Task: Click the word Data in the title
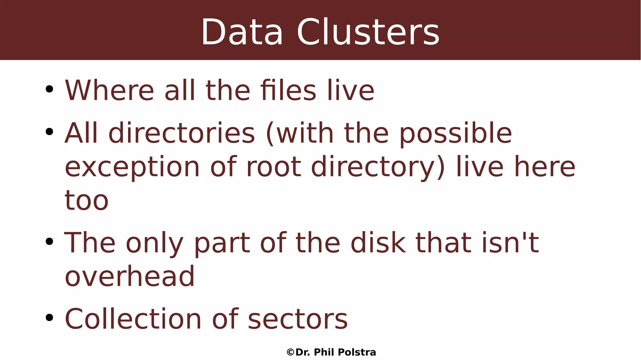[x=242, y=33]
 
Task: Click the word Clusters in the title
[x=368, y=33]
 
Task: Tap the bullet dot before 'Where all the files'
[x=49, y=90]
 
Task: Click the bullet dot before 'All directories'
[x=49, y=132]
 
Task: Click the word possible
[x=456, y=134]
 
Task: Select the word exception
[x=132, y=167]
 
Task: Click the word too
[x=86, y=201]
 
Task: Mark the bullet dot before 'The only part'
[x=49, y=242]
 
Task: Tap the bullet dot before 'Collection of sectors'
[x=49, y=318]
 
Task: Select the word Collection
[x=133, y=319]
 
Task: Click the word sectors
[x=298, y=320]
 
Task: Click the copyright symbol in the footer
[x=290, y=352]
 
